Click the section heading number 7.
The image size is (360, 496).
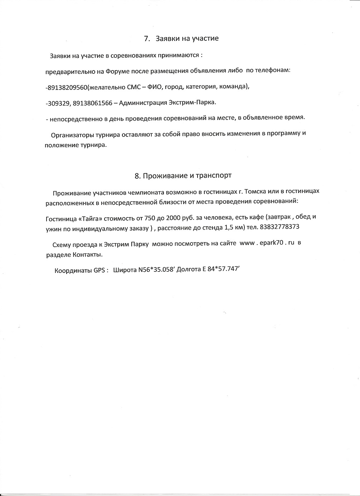(146, 39)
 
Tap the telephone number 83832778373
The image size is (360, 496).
(279, 227)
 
